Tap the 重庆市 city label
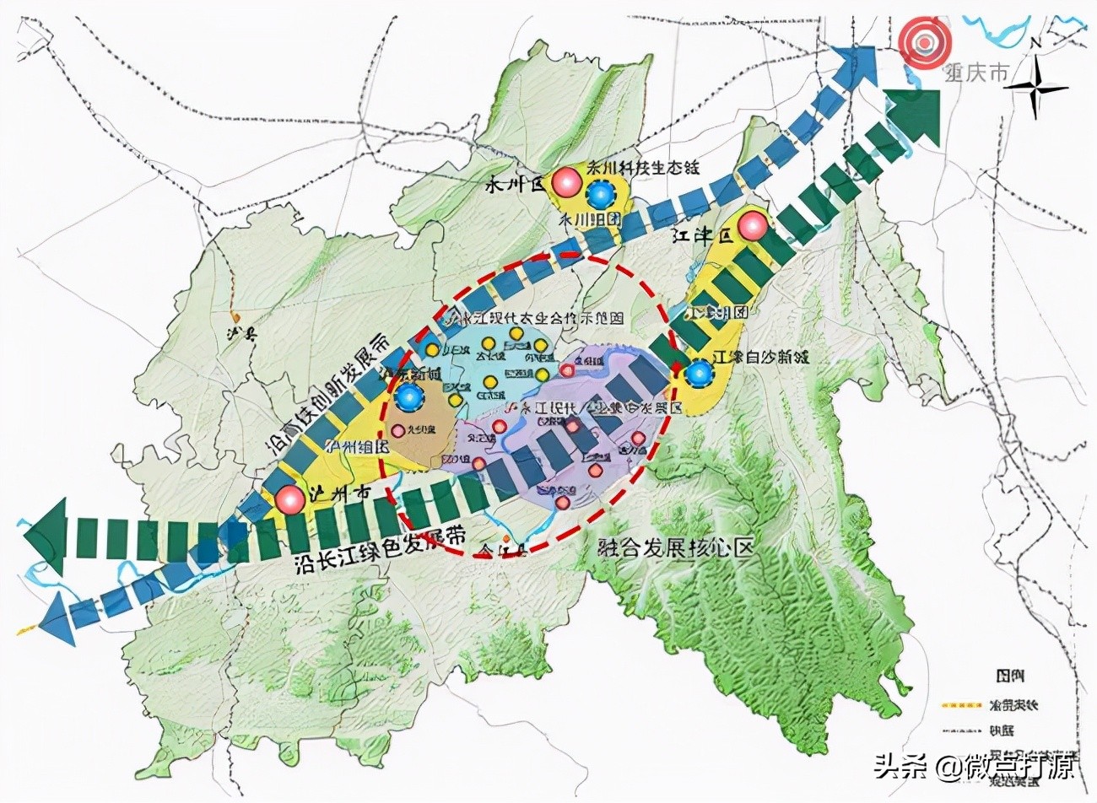(975, 73)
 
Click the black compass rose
(1040, 89)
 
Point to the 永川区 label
(516, 186)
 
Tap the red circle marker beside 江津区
(752, 227)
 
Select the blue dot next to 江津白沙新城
(698, 372)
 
